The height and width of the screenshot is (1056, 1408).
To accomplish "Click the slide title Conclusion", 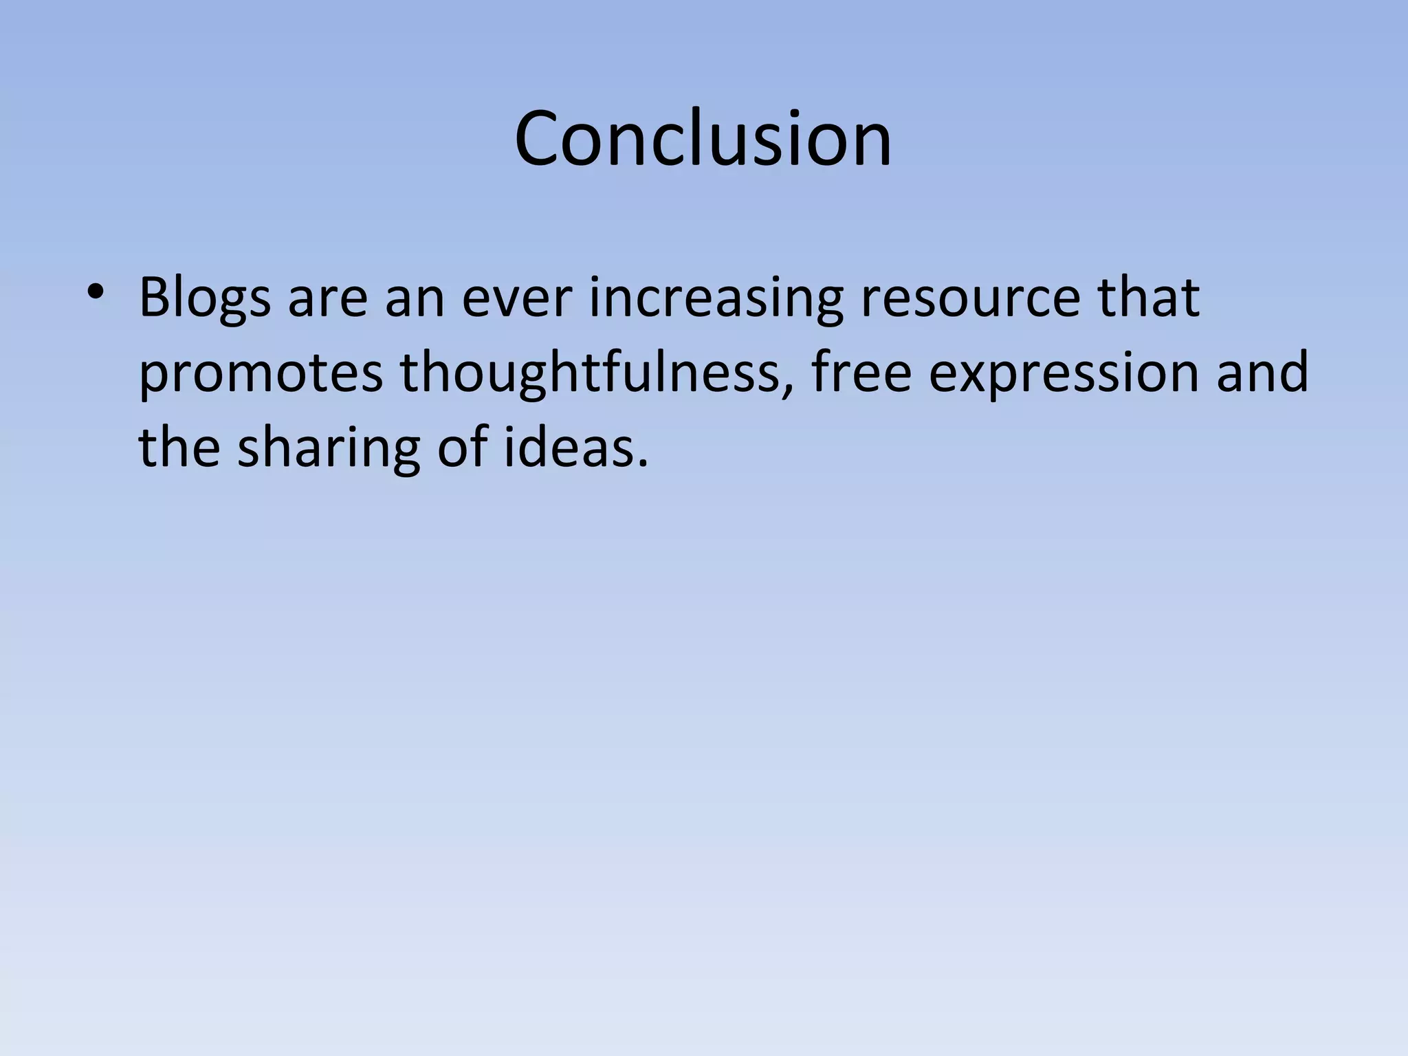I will coord(703,139).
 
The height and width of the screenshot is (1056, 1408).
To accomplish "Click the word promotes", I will coord(261,375).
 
